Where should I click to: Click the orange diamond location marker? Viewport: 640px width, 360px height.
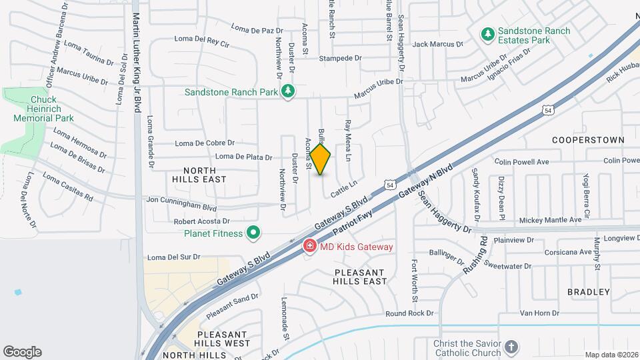click(x=321, y=159)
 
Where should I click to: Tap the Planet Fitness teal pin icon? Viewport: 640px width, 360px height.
click(x=253, y=233)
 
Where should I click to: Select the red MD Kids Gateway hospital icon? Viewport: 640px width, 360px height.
click(x=309, y=247)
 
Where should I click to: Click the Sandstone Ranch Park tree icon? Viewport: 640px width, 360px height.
click(x=288, y=91)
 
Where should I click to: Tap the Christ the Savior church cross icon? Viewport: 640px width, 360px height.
click(x=511, y=347)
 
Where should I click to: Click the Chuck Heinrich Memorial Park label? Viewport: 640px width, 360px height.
click(x=43, y=109)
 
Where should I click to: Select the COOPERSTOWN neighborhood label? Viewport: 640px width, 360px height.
click(x=588, y=140)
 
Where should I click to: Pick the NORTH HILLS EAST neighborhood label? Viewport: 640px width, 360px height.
click(x=199, y=174)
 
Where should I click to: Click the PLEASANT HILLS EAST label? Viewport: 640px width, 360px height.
click(x=360, y=277)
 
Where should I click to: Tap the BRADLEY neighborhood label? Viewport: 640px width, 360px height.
click(x=589, y=292)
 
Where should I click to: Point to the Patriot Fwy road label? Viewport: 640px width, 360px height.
click(x=353, y=218)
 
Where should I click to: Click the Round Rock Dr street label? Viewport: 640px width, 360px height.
click(x=409, y=313)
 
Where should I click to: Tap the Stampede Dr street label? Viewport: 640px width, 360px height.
click(x=340, y=58)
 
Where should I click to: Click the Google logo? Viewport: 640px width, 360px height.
click(x=22, y=352)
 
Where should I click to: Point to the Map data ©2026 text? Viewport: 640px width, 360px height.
click(x=611, y=355)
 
